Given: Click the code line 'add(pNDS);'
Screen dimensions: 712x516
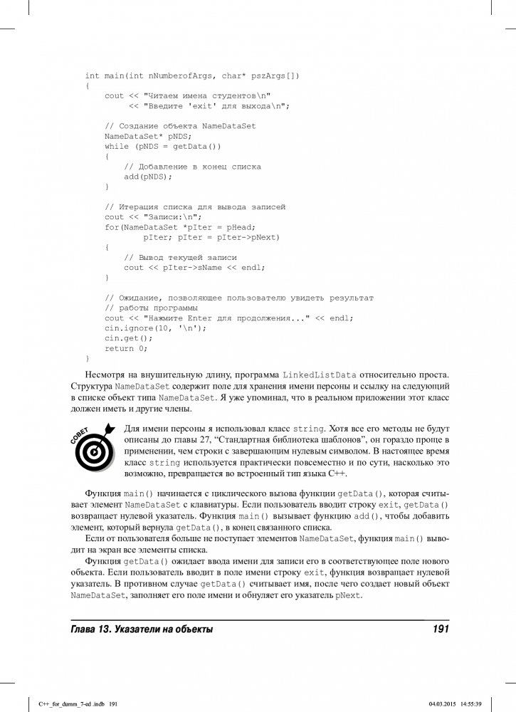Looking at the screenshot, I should [x=148, y=177].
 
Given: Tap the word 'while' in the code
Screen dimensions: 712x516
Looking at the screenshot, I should [x=117, y=147].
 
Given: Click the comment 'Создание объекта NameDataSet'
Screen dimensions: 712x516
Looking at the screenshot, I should [x=180, y=126].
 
